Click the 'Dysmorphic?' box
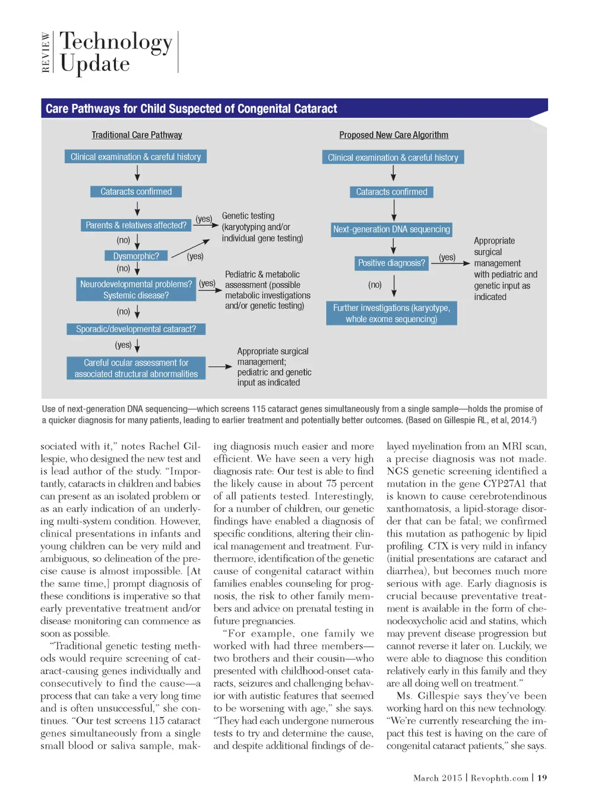[x=136, y=256]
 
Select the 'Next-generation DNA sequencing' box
[x=391, y=230]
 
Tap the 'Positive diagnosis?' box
[x=391, y=263]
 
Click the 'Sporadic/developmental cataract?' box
[x=136, y=329]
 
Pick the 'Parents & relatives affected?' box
[x=136, y=225]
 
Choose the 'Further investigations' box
[x=391, y=313]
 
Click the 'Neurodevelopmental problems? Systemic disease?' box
[x=136, y=289]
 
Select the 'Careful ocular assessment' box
[x=136, y=368]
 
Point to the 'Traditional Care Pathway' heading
[x=137, y=135]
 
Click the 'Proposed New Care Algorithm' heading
[x=394, y=135]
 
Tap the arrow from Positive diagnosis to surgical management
[x=450, y=263]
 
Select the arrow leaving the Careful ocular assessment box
[x=220, y=367]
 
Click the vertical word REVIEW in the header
[x=46, y=52]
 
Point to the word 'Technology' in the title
[x=116, y=42]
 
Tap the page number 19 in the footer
[x=542, y=778]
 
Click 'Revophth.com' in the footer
[x=499, y=778]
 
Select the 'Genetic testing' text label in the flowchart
[x=248, y=216]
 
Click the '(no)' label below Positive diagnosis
[x=375, y=285]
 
